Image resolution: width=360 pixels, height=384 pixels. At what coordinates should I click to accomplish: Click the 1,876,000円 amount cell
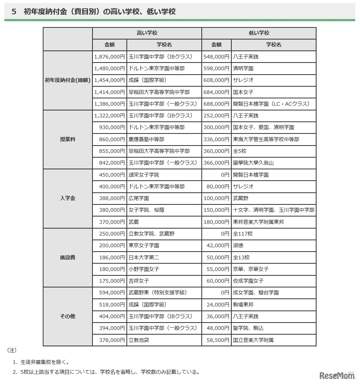(110, 57)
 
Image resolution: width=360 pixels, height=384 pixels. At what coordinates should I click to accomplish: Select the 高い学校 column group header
(147, 33)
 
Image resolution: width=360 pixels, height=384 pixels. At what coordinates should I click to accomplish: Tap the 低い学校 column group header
(259, 33)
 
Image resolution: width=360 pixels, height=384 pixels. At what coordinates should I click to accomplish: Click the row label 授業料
(68, 139)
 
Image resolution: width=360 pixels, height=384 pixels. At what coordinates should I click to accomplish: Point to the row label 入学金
(68, 198)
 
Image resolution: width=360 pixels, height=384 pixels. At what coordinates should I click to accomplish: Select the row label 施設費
(68, 257)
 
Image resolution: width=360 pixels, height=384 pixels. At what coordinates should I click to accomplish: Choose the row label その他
(68, 316)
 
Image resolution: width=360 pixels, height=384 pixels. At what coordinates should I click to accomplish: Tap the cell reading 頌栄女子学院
(144, 175)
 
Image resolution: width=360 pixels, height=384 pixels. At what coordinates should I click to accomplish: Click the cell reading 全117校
(243, 234)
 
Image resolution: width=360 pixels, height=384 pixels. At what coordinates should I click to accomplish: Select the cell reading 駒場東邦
(243, 304)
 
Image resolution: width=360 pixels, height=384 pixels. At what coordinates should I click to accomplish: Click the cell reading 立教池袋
(139, 340)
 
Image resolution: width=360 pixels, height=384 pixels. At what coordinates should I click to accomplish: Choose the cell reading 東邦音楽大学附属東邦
(258, 222)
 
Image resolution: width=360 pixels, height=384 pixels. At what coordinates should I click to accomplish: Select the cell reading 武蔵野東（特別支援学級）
(158, 293)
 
